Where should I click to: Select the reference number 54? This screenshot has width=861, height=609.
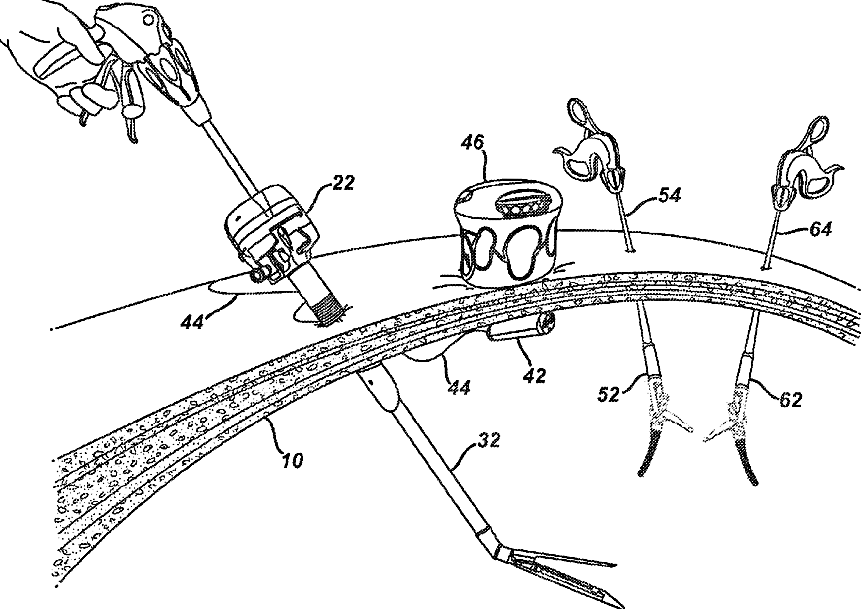point(670,195)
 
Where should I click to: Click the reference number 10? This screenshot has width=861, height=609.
point(291,462)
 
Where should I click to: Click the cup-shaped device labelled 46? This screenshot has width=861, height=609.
point(504,232)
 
